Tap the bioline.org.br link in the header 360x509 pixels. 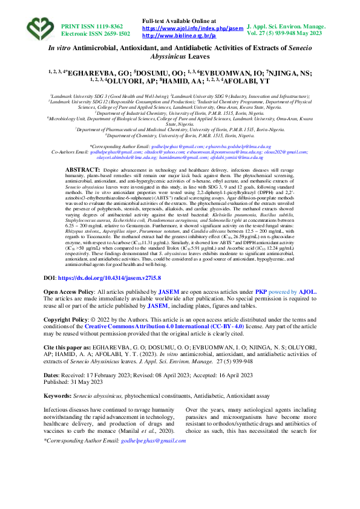pyautogui.click(x=178, y=36)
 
